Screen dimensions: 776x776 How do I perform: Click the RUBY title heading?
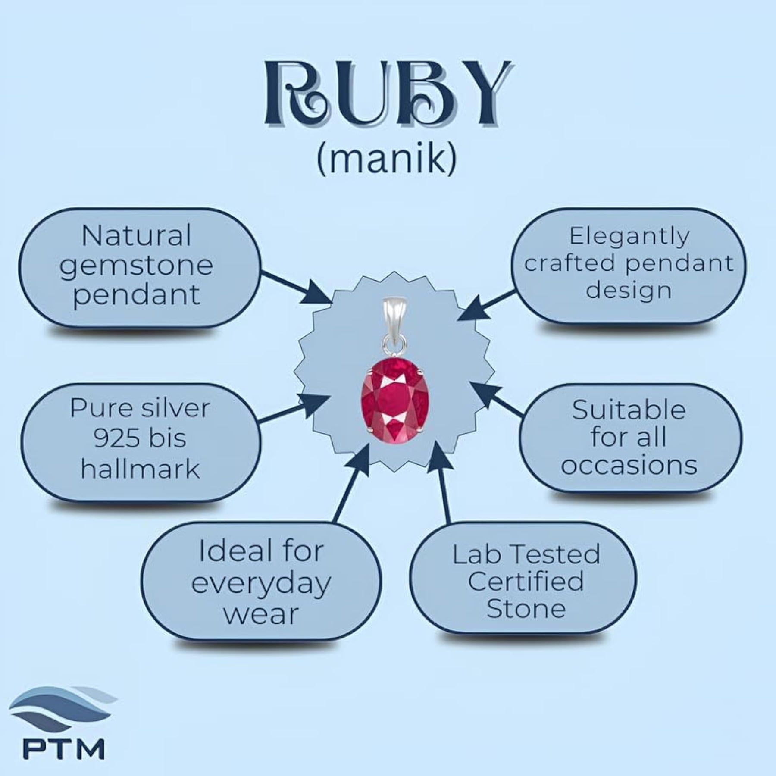coord(388,95)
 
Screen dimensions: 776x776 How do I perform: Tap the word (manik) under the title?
coord(386,159)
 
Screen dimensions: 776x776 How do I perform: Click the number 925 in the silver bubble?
coord(116,438)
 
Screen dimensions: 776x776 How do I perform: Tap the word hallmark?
coord(141,469)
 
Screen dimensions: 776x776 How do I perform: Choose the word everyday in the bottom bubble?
coord(261,584)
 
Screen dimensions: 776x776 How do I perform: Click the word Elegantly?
coord(629,237)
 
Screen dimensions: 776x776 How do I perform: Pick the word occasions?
coord(629,465)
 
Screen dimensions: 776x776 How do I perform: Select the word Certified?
coord(526,581)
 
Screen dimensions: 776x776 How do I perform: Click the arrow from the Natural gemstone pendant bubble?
coord(295,287)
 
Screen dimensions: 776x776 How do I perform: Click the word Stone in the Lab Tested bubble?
coord(526,608)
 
